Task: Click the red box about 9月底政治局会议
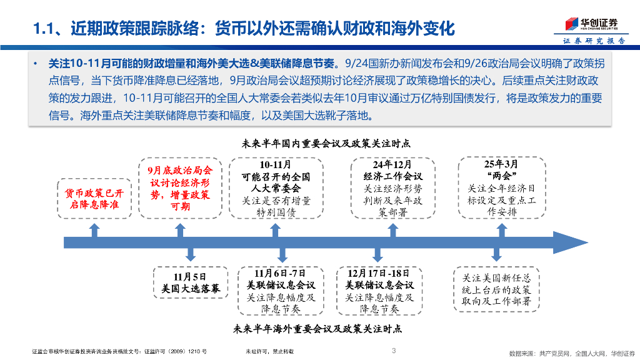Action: pos(180,187)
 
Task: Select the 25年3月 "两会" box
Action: pos(501,187)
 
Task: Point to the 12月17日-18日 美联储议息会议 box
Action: pos(379,291)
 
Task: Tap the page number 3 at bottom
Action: pos(393,351)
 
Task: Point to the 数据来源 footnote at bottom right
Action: pos(571,353)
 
